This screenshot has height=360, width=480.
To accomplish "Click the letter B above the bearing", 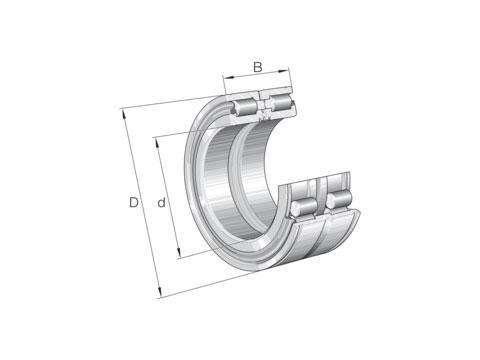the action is click(258, 67).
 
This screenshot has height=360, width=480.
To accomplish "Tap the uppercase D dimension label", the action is click(134, 202).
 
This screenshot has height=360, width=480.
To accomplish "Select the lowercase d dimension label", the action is click(162, 202).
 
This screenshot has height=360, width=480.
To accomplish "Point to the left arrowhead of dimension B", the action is click(227, 78).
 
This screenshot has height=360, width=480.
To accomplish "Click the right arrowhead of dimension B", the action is click(284, 70).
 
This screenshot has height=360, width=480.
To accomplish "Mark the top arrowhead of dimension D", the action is click(124, 114).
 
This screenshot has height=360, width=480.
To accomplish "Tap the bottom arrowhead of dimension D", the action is click(160, 292).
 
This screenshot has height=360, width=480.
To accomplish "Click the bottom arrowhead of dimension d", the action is click(179, 253).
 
